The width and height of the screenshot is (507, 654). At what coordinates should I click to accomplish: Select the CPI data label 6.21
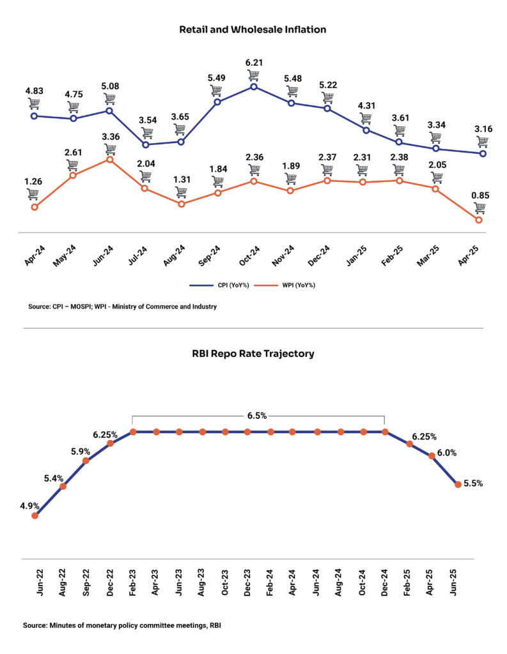[x=254, y=63]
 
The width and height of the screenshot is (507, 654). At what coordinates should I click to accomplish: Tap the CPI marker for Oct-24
[x=254, y=86]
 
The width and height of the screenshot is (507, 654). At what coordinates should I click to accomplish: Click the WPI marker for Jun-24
[x=110, y=160]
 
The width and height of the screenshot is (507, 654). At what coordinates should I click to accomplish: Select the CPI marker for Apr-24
[x=35, y=116]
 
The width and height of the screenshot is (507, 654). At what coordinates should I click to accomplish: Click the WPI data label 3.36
[x=110, y=135]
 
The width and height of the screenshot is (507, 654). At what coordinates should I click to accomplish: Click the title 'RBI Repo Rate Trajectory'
[x=253, y=353]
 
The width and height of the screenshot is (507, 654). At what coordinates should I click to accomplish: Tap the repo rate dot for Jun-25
[x=458, y=485]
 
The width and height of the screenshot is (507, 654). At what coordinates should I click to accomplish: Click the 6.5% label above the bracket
[x=258, y=415]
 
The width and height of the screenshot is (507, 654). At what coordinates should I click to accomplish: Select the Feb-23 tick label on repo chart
[x=134, y=582]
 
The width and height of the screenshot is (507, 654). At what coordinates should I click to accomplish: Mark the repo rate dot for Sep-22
[x=86, y=460]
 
